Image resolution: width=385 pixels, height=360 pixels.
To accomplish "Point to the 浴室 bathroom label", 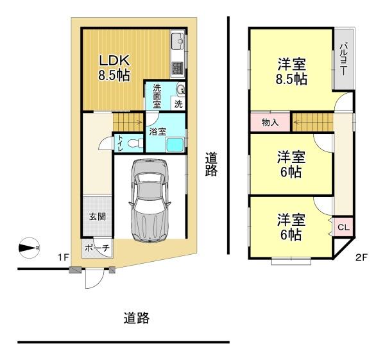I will (158, 132).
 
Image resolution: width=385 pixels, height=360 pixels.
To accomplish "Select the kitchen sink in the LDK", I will (178, 44).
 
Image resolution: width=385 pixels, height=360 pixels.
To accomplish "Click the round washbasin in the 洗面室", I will (180, 90).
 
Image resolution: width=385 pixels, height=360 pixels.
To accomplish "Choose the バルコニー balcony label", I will (344, 59).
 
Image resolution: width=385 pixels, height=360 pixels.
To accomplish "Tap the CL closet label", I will (343, 227).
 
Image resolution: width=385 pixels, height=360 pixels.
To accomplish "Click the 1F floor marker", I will (62, 257).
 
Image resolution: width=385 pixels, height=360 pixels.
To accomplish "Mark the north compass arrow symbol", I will (30, 246).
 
